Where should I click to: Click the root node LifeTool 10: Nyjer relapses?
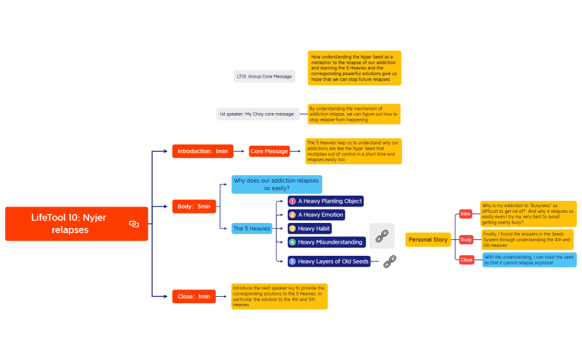click(x=76, y=224)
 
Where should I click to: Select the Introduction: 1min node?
click(x=203, y=151)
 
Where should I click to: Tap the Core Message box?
click(x=269, y=151)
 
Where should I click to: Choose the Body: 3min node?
click(x=194, y=206)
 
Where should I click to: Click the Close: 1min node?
click(x=194, y=296)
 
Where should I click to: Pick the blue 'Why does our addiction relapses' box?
click(x=276, y=184)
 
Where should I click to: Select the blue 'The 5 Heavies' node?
click(x=251, y=229)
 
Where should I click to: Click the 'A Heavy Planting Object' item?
click(x=326, y=201)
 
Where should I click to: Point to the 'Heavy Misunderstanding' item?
click(x=326, y=242)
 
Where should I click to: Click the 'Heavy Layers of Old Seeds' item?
click(x=328, y=261)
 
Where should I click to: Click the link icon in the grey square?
click(x=382, y=236)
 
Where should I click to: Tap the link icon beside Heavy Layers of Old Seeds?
click(x=390, y=260)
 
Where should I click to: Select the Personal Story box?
click(x=428, y=240)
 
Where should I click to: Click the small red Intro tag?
click(x=466, y=214)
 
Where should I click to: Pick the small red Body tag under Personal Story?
click(x=466, y=240)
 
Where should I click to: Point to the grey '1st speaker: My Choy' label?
click(x=257, y=114)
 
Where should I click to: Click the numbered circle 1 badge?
click(x=292, y=201)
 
